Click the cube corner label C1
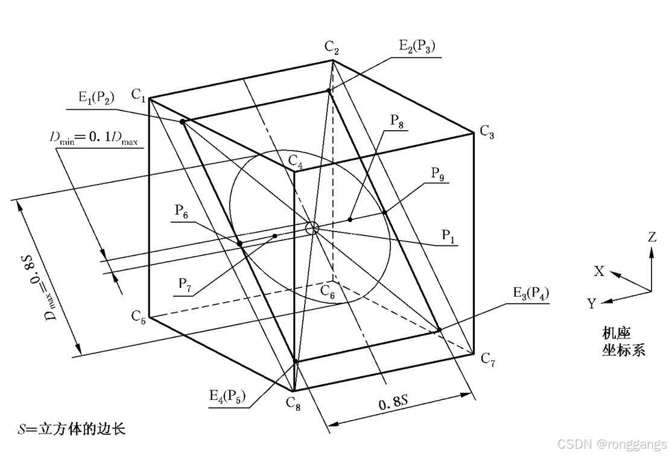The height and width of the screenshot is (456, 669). tap(139, 95)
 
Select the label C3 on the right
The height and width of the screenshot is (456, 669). tap(487, 132)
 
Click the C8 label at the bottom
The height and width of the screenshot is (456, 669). tap(292, 405)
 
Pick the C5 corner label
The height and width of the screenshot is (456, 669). tap(139, 315)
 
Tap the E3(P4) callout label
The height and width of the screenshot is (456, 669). tap(531, 295)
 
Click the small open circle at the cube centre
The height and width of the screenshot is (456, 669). tap(312, 228)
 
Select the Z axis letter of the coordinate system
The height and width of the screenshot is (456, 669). tap(652, 237)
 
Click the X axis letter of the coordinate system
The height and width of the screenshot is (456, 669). tap(598, 271)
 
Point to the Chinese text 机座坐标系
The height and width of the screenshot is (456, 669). tap(623, 341)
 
